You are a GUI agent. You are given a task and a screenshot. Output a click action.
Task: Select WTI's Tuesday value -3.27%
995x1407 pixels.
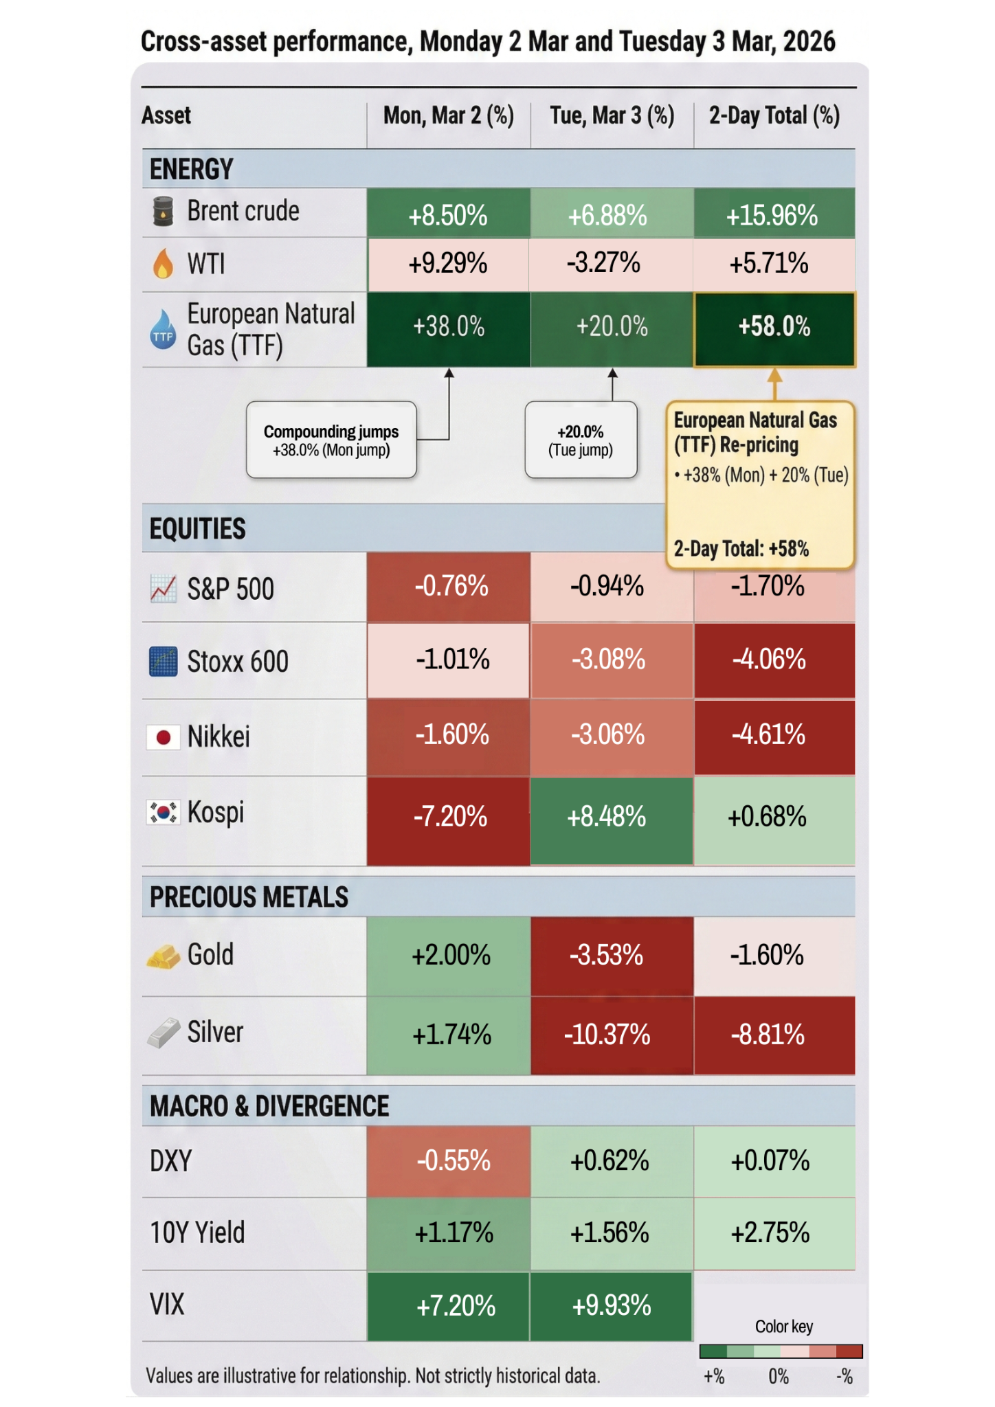(x=603, y=263)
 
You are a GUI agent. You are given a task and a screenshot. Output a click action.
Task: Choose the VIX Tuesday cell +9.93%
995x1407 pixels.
(x=611, y=1306)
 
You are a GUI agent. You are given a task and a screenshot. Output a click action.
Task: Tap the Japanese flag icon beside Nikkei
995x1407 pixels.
(x=164, y=738)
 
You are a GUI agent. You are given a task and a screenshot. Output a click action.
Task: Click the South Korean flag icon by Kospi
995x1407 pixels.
(x=164, y=813)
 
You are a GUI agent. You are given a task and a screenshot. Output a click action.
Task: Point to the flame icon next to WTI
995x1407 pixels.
(x=163, y=264)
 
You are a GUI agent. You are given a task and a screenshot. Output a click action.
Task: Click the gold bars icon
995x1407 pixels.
(x=163, y=956)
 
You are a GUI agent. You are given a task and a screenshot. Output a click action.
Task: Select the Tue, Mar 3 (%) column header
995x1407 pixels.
(x=612, y=115)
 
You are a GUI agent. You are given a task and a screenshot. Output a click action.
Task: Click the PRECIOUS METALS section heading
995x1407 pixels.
(x=249, y=897)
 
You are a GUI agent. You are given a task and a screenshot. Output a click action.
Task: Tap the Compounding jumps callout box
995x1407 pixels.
(x=331, y=440)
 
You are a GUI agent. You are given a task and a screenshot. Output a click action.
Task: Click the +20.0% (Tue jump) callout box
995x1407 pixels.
(x=581, y=440)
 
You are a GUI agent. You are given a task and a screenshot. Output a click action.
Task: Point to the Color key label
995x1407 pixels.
(x=784, y=1327)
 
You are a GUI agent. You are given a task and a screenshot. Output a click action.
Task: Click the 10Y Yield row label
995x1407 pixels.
(x=197, y=1232)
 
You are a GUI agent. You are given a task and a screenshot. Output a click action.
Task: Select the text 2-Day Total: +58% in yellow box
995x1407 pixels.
(x=741, y=549)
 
